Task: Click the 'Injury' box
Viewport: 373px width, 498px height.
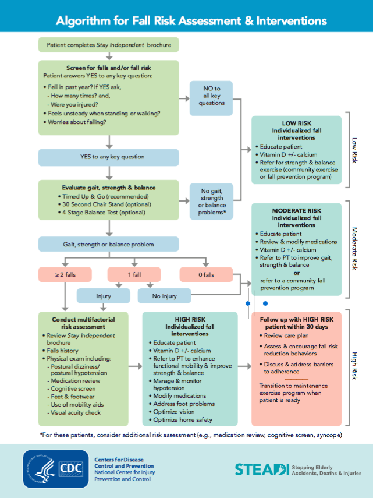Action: [104, 296]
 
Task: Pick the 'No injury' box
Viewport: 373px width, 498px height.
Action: [165, 296]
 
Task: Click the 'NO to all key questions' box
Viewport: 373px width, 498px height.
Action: [212, 96]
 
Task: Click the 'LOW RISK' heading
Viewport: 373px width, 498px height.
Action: [297, 123]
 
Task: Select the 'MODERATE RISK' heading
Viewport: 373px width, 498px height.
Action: [297, 210]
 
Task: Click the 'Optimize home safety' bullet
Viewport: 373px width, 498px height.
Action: [183, 419]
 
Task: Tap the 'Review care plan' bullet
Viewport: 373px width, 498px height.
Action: [286, 336]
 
